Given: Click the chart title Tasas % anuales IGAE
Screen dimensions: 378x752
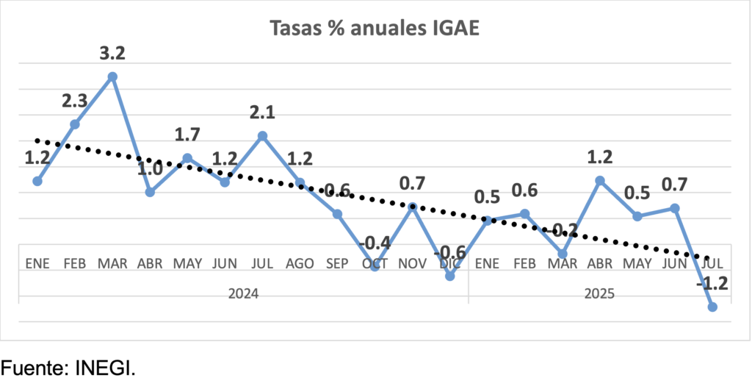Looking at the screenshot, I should tap(375, 28).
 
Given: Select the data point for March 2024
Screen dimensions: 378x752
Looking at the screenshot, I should tap(112, 76).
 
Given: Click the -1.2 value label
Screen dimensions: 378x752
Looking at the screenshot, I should tap(712, 284).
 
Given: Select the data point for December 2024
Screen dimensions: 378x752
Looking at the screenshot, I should tap(450, 277).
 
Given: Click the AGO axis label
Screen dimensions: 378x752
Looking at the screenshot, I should tap(300, 263).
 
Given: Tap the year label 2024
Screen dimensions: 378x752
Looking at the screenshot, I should tap(243, 293).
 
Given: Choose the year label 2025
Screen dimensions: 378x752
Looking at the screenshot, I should tap(599, 293).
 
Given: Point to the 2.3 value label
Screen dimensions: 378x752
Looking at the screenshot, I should tap(75, 101).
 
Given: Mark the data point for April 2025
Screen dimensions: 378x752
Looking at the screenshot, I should tap(600, 180).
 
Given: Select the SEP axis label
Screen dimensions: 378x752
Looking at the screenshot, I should tap(337, 263).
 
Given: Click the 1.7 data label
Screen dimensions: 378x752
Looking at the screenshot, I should tap(187, 135).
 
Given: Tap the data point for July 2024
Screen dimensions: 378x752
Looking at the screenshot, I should tap(262, 135).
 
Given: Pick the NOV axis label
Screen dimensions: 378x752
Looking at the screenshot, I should tap(412, 263).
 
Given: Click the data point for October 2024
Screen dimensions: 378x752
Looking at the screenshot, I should tap(375, 266).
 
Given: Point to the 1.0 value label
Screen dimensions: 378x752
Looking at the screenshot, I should tap(150, 168).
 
